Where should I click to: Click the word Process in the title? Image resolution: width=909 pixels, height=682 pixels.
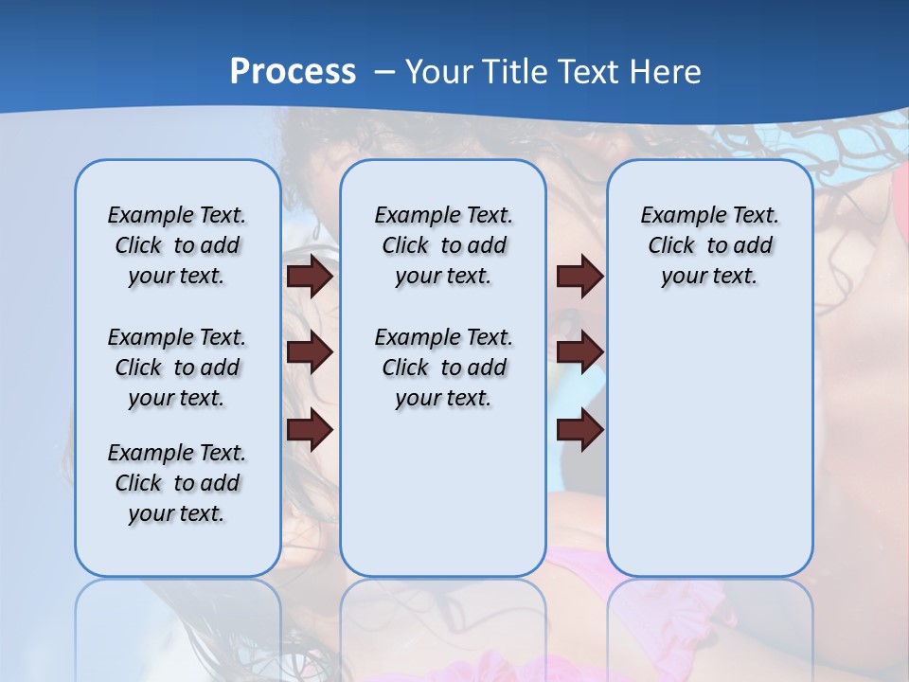tap(293, 72)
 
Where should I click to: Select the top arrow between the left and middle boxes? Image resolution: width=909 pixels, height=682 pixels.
tap(310, 277)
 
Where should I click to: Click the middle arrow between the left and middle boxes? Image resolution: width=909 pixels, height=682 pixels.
tap(310, 352)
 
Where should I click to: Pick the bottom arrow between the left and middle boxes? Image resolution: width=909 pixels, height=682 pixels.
tap(310, 430)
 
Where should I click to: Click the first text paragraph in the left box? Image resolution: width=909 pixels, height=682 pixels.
tap(177, 245)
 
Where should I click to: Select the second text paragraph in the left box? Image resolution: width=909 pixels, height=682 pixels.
tap(177, 368)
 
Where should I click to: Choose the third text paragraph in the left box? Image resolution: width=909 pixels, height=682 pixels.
tap(177, 483)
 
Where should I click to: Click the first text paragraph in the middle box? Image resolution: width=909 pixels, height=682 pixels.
tap(443, 245)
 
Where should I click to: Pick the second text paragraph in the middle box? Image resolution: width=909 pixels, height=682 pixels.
tap(443, 368)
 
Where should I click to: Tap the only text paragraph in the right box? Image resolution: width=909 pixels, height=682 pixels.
tap(709, 245)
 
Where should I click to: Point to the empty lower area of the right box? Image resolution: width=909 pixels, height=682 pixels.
tap(709, 445)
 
